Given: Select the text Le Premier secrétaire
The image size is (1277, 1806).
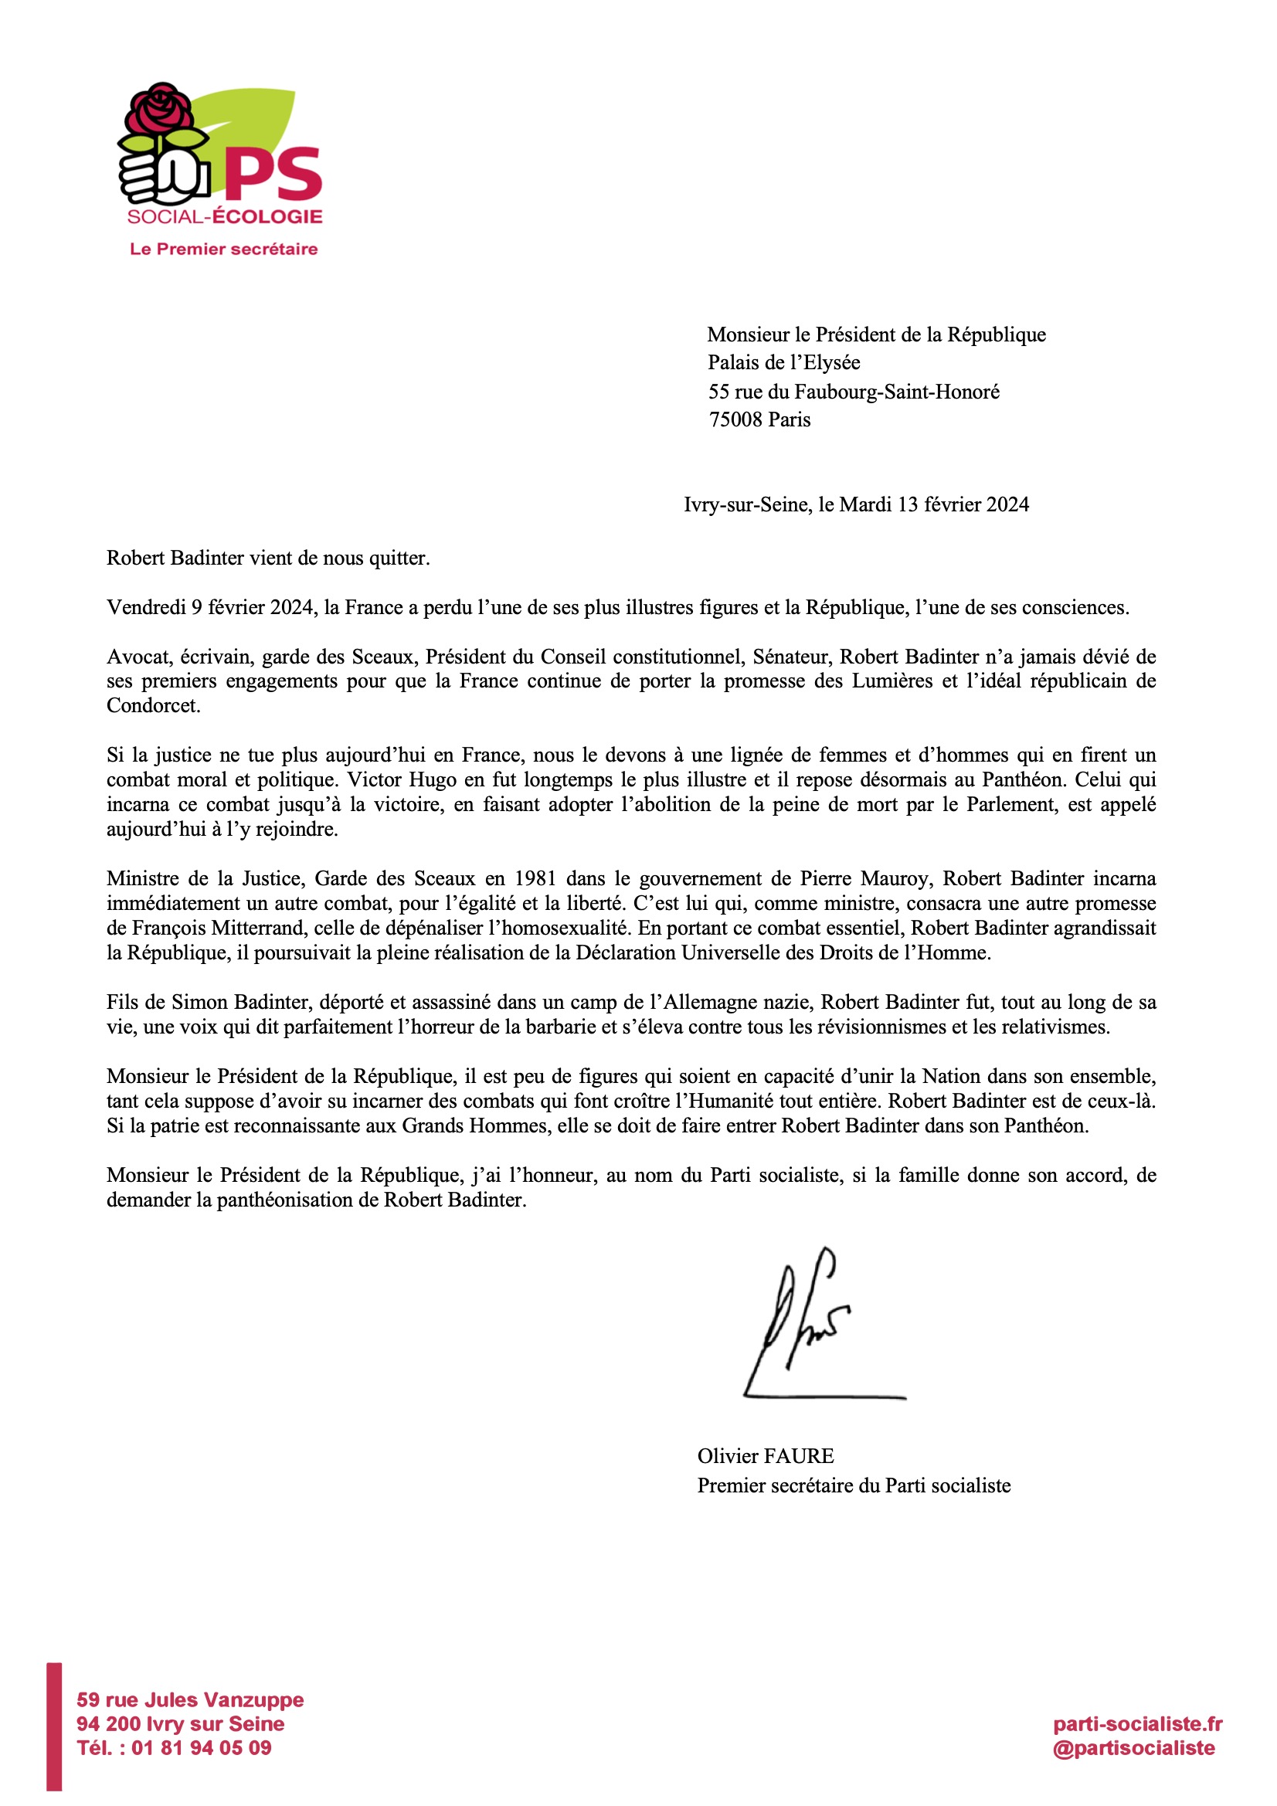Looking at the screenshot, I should pyautogui.click(x=223, y=250).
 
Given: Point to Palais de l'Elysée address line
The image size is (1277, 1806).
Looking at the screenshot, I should pyautogui.click(x=783, y=362).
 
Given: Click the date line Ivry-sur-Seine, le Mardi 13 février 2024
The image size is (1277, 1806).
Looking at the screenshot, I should pyautogui.click(x=855, y=505).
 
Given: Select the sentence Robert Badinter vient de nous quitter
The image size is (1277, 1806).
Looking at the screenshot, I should pyautogui.click(x=268, y=558).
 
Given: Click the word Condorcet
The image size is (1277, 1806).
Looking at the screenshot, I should pyautogui.click(x=153, y=705).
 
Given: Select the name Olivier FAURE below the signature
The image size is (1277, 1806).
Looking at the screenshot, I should pyautogui.click(x=765, y=1456).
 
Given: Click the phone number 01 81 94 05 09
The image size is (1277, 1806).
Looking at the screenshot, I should pyautogui.click(x=201, y=1748).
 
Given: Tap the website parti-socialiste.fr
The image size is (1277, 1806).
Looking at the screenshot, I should pyautogui.click(x=1137, y=1724).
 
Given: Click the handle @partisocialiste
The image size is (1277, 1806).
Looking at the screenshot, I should pyautogui.click(x=1134, y=1748).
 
